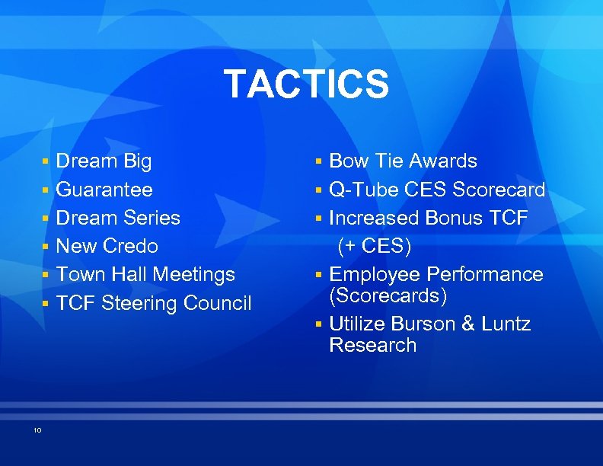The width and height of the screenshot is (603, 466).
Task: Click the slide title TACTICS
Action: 306,85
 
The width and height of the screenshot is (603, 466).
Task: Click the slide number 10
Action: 37,431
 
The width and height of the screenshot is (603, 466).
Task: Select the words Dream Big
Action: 104,161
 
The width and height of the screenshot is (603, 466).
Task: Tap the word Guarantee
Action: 104,190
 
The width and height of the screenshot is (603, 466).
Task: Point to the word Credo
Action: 130,246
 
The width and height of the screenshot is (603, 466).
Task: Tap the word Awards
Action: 443,161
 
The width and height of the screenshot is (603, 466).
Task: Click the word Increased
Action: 375,218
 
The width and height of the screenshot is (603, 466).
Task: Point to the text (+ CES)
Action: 375,246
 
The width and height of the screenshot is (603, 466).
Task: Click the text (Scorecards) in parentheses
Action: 388,295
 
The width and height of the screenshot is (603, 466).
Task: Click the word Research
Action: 373,345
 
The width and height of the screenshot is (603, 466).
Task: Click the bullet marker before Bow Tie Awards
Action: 321,162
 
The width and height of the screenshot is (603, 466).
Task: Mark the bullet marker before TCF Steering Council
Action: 46,304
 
